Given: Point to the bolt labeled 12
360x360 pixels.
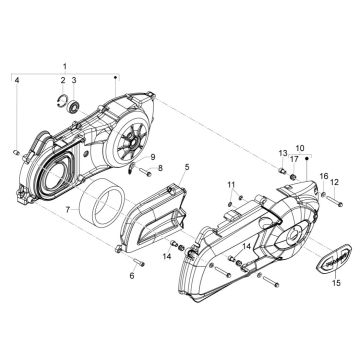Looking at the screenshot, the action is [326, 199].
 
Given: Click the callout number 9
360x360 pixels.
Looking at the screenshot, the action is [153, 158].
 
